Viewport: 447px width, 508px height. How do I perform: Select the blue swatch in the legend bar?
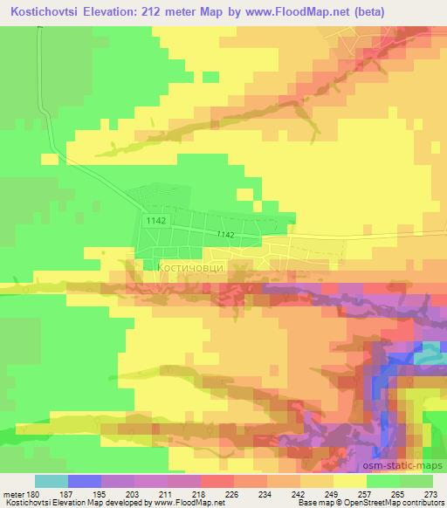tap(84, 481)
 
